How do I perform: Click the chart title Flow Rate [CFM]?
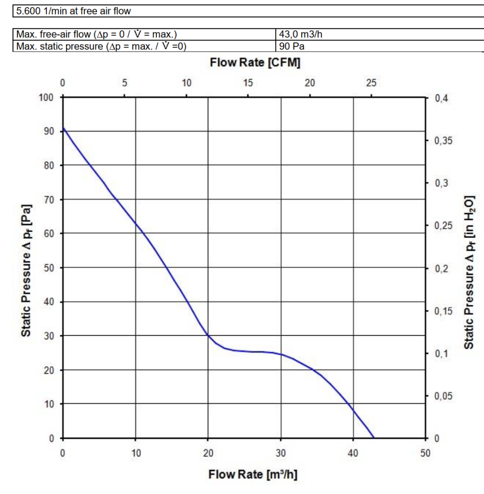[255, 63]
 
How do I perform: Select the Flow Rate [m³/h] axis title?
[252, 474]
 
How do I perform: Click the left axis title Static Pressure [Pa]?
[27, 270]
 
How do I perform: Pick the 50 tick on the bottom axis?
[425, 453]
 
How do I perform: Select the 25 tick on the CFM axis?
[371, 83]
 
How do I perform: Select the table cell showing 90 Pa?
[292, 46]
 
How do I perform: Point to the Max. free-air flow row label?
[97, 35]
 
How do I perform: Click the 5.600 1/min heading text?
[73, 11]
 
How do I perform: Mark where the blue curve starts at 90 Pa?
[63, 128]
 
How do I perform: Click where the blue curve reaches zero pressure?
[373, 438]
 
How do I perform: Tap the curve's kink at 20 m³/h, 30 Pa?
[208, 335]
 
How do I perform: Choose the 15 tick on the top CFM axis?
[248, 83]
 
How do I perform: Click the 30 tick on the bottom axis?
[280, 453]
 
